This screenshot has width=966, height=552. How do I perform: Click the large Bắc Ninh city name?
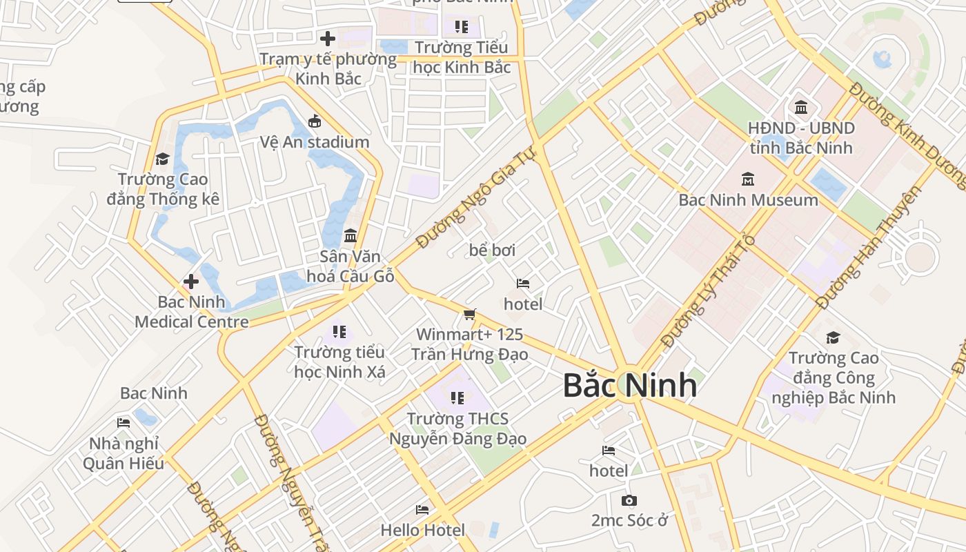[629, 385]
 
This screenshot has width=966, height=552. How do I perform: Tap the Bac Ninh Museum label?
[748, 200]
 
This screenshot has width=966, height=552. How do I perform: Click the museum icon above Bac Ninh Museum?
[748, 179]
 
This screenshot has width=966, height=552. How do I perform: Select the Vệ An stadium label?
[315, 142]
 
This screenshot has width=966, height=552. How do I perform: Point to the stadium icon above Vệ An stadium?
[315, 121]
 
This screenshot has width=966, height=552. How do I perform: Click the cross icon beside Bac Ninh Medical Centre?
[191, 282]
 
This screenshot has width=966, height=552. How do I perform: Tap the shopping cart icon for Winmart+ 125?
[470, 315]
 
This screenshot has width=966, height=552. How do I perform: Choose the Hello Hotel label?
[423, 530]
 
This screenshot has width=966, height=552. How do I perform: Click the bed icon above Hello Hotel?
[422, 510]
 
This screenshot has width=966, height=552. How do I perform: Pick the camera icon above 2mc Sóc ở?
[629, 500]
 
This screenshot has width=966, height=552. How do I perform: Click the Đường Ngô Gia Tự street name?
[476, 199]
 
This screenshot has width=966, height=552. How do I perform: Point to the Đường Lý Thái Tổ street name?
[708, 291]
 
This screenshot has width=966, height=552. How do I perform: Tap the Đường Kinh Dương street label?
[908, 135]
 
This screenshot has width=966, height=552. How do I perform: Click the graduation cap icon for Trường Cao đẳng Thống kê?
[162, 159]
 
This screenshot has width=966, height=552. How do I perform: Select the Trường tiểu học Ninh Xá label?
[339, 362]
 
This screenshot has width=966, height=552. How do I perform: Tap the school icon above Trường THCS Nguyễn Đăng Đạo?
[457, 398]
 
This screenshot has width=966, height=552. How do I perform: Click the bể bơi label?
[492, 250]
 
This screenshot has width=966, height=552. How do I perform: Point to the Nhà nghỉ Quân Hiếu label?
[124, 453]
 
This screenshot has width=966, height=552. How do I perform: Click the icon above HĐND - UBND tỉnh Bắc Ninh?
[801, 108]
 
